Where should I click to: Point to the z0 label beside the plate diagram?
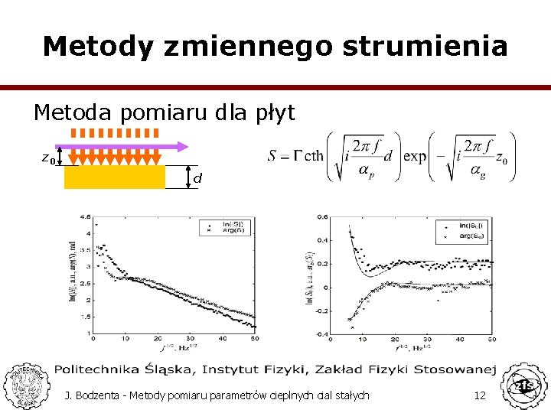click(x=48, y=158)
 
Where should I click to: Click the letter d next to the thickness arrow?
click(x=197, y=178)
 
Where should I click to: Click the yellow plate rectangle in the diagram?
click(x=114, y=177)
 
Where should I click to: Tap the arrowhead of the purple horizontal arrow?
click(x=182, y=145)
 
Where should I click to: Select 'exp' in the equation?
click(x=415, y=157)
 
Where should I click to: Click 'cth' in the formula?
click(x=314, y=157)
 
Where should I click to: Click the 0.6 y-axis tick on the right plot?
click(x=323, y=216)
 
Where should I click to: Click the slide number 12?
click(x=481, y=395)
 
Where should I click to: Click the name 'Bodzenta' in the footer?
click(x=102, y=395)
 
